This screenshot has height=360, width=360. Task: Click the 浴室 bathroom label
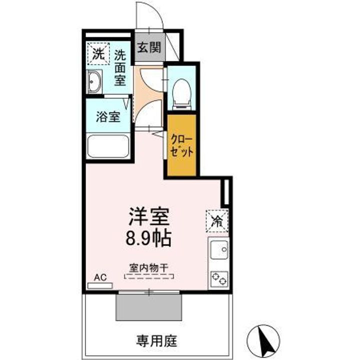click(108, 118)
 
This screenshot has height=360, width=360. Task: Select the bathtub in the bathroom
click(108, 146)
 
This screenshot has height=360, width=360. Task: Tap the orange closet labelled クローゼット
click(182, 145)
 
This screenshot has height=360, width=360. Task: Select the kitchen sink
click(219, 250)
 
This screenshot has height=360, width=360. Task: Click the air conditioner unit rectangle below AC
click(100, 286)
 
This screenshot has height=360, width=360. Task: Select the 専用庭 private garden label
click(156, 342)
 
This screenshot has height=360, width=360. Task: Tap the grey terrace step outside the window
click(148, 306)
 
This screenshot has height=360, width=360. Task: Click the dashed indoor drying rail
click(148, 275)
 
